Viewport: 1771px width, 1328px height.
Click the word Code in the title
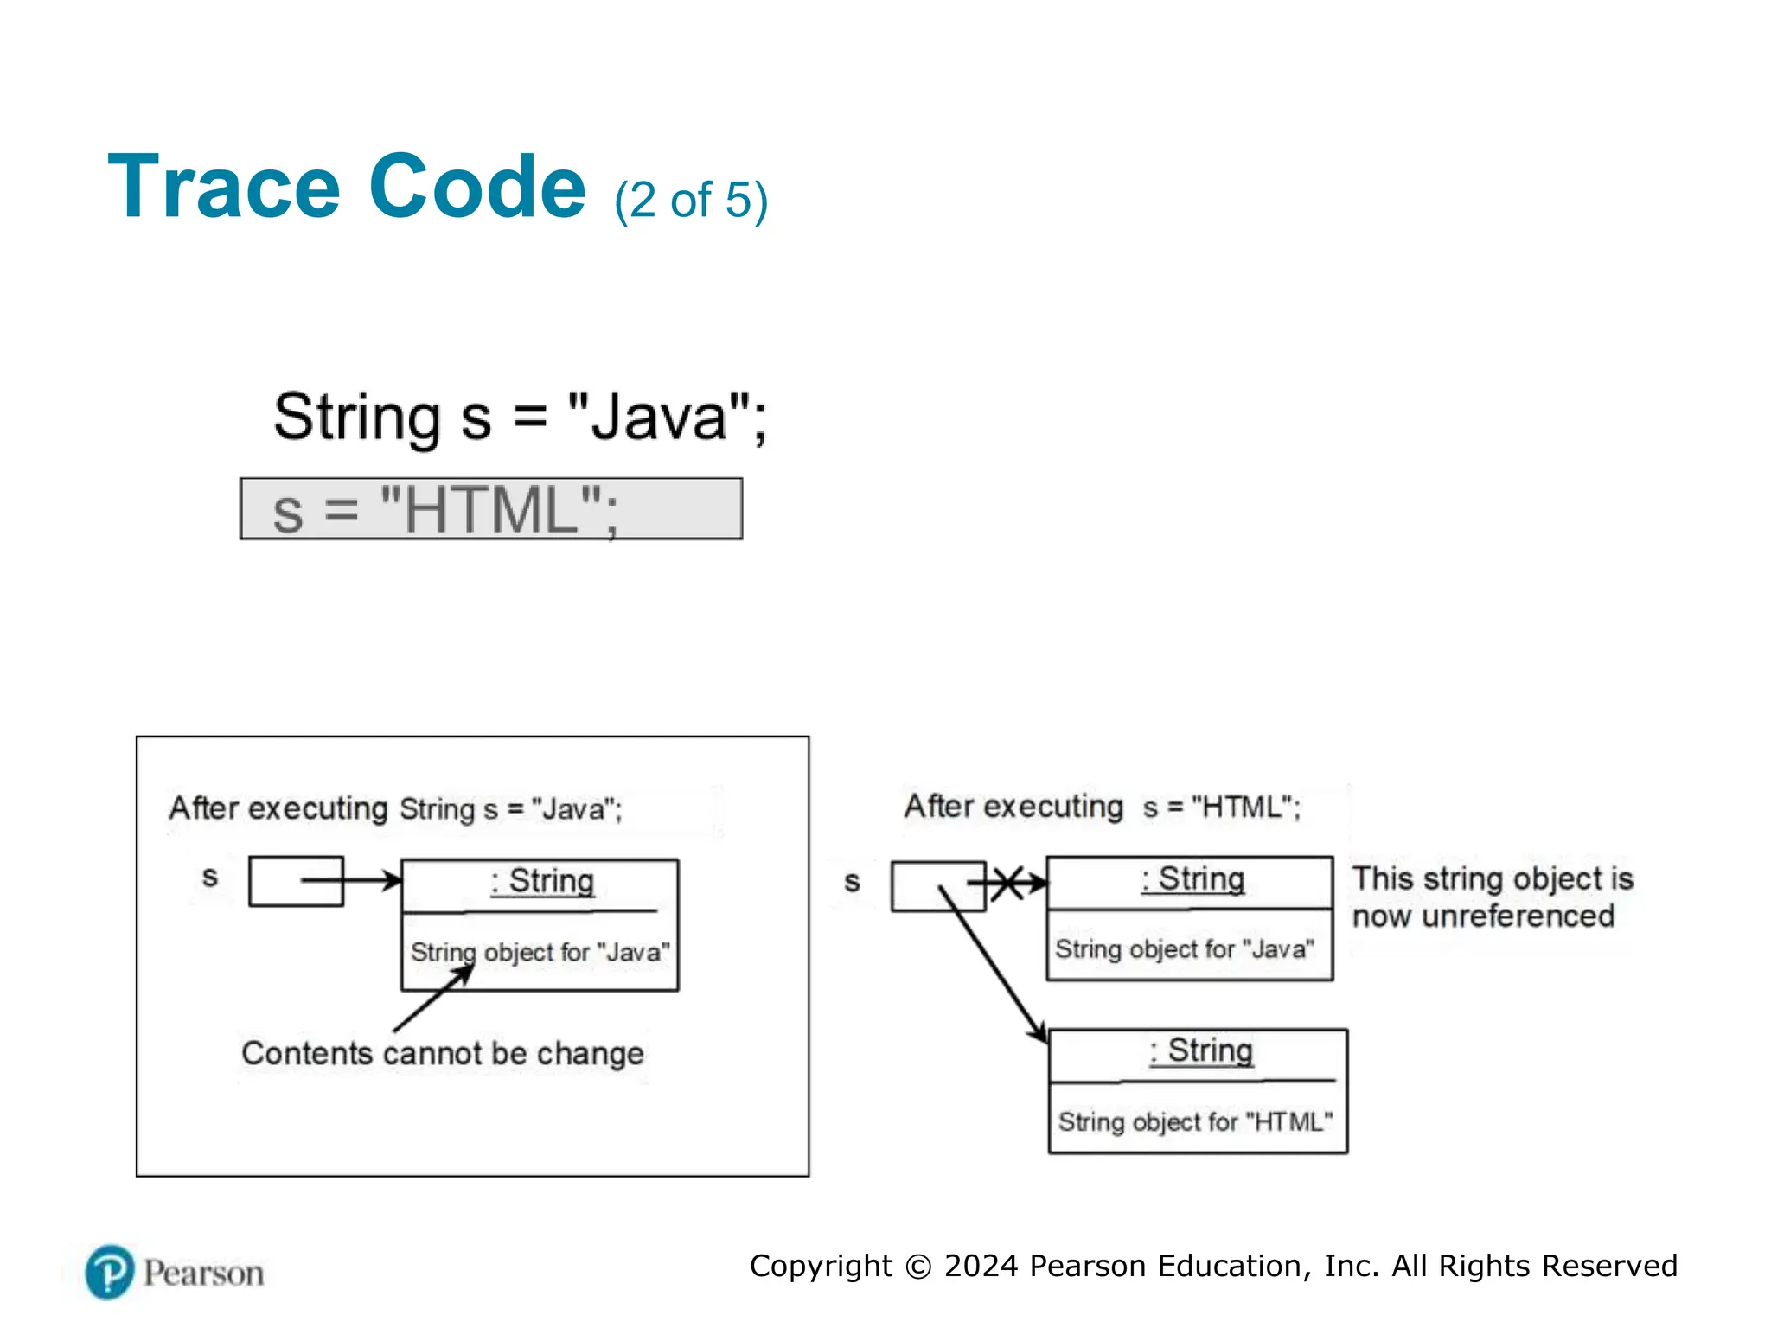tap(477, 188)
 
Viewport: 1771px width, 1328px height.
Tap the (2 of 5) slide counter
tap(690, 201)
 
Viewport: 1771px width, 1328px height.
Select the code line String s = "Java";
tap(519, 418)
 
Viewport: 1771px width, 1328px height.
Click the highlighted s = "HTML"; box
tap(490, 509)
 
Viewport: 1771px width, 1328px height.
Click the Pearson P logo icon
tap(110, 1272)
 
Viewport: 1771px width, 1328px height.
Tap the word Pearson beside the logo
tap(203, 1274)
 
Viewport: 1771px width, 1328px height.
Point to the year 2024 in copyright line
tap(981, 1266)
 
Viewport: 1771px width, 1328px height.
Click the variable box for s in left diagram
tap(296, 881)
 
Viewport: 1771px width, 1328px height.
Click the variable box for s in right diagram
tap(937, 885)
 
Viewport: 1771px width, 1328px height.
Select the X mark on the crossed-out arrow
tap(1007, 883)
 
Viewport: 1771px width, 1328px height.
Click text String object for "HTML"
tap(1195, 1121)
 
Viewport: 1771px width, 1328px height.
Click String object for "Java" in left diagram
tap(540, 952)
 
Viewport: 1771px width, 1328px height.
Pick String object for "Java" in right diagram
tap(1184, 948)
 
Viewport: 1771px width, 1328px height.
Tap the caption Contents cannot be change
tap(442, 1053)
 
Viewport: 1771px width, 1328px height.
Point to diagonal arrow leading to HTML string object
tap(994, 964)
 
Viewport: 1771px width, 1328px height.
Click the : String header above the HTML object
tap(1201, 1051)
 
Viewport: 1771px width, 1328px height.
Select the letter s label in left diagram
tap(209, 877)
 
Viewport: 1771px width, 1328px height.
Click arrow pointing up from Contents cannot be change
tap(432, 999)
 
